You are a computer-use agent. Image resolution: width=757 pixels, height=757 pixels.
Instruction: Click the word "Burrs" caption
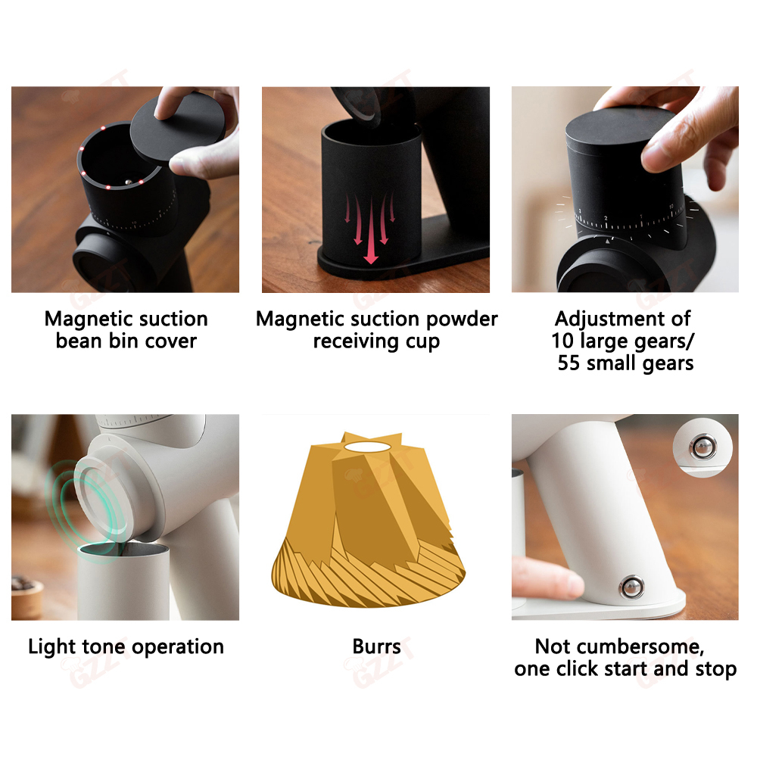pyautogui.click(x=376, y=646)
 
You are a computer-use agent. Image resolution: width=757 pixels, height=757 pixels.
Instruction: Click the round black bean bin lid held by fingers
pyautogui.click(x=178, y=127)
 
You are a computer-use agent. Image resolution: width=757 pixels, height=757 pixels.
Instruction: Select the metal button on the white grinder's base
pyautogui.click(x=631, y=587)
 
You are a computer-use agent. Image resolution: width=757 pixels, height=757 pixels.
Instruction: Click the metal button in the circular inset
pyautogui.click(x=702, y=447)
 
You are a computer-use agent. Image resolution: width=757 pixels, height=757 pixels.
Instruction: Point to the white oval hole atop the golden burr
pyautogui.click(x=367, y=447)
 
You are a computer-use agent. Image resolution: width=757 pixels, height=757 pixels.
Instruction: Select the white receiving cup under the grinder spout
pyautogui.click(x=123, y=581)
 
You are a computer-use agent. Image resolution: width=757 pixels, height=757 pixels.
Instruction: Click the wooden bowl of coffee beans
pyautogui.click(x=26, y=598)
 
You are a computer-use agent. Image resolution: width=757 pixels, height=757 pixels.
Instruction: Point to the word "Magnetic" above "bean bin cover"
pyautogui.click(x=85, y=319)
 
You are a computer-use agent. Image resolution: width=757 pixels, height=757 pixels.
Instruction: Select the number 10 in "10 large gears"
pyautogui.click(x=562, y=341)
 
